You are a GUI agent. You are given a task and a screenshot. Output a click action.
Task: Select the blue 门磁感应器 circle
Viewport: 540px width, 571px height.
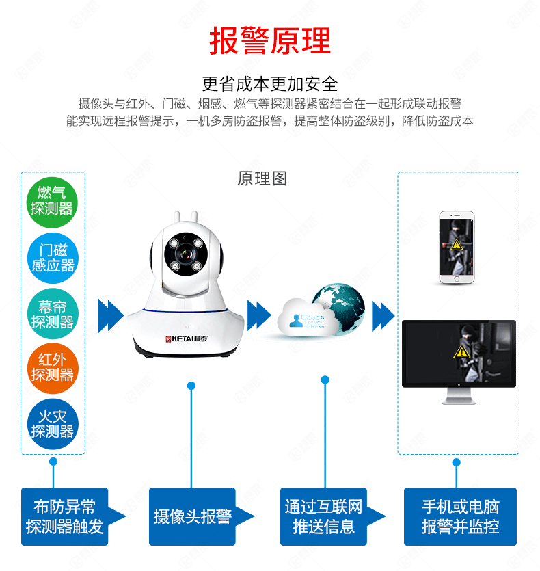(53, 258)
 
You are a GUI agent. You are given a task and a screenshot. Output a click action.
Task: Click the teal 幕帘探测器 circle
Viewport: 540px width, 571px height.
(53, 314)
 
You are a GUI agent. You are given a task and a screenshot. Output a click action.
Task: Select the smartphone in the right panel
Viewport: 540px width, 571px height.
(456, 246)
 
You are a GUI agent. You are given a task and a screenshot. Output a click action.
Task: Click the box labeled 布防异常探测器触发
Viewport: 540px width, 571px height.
(64, 516)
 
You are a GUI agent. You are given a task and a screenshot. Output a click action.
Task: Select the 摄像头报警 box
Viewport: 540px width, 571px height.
(192, 516)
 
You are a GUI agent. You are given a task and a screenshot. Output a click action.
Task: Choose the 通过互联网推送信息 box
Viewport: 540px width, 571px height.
(323, 516)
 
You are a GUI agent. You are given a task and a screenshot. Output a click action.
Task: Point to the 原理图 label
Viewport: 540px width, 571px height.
(262, 179)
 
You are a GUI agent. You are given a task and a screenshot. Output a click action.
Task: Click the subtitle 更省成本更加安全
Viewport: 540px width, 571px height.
(270, 84)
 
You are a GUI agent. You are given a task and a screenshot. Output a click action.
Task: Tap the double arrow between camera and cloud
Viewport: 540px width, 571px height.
(259, 315)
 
